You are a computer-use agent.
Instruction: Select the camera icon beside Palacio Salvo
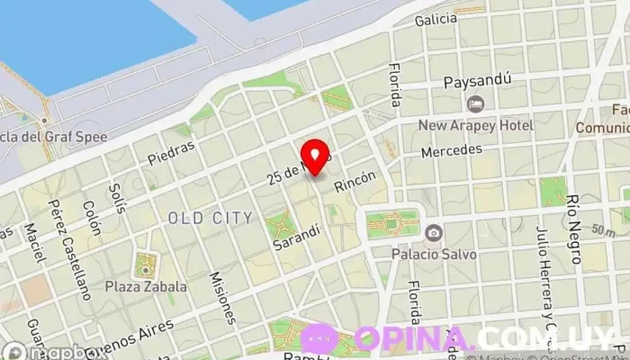tap(434, 233)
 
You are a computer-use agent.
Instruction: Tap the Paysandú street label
tap(478, 81)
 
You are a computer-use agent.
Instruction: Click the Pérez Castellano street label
tap(70, 249)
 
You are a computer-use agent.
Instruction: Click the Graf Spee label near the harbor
tap(56, 138)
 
